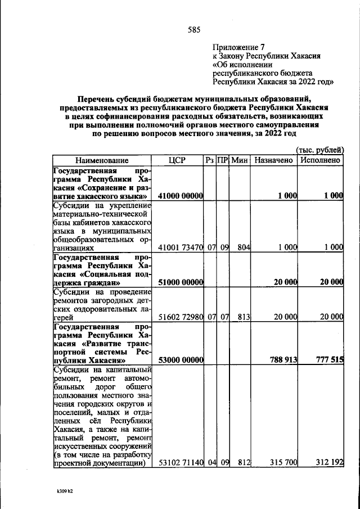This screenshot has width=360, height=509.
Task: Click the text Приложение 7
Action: tap(238, 47)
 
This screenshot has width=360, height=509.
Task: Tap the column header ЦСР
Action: tap(177, 160)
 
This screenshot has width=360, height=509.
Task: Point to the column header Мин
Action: tap(240, 160)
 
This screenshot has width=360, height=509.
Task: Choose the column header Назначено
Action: tap(274, 160)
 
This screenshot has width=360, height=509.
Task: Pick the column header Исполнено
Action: tap(321, 160)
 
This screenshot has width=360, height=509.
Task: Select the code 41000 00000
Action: tap(180, 196)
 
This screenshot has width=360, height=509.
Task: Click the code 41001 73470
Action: tap(180, 247)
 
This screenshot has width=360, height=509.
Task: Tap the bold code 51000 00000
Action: tap(180, 282)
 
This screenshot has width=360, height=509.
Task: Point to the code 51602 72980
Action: tap(180, 317)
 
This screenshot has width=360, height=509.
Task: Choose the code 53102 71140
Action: tap(180, 463)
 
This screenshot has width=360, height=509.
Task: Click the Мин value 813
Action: tap(243, 317)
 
